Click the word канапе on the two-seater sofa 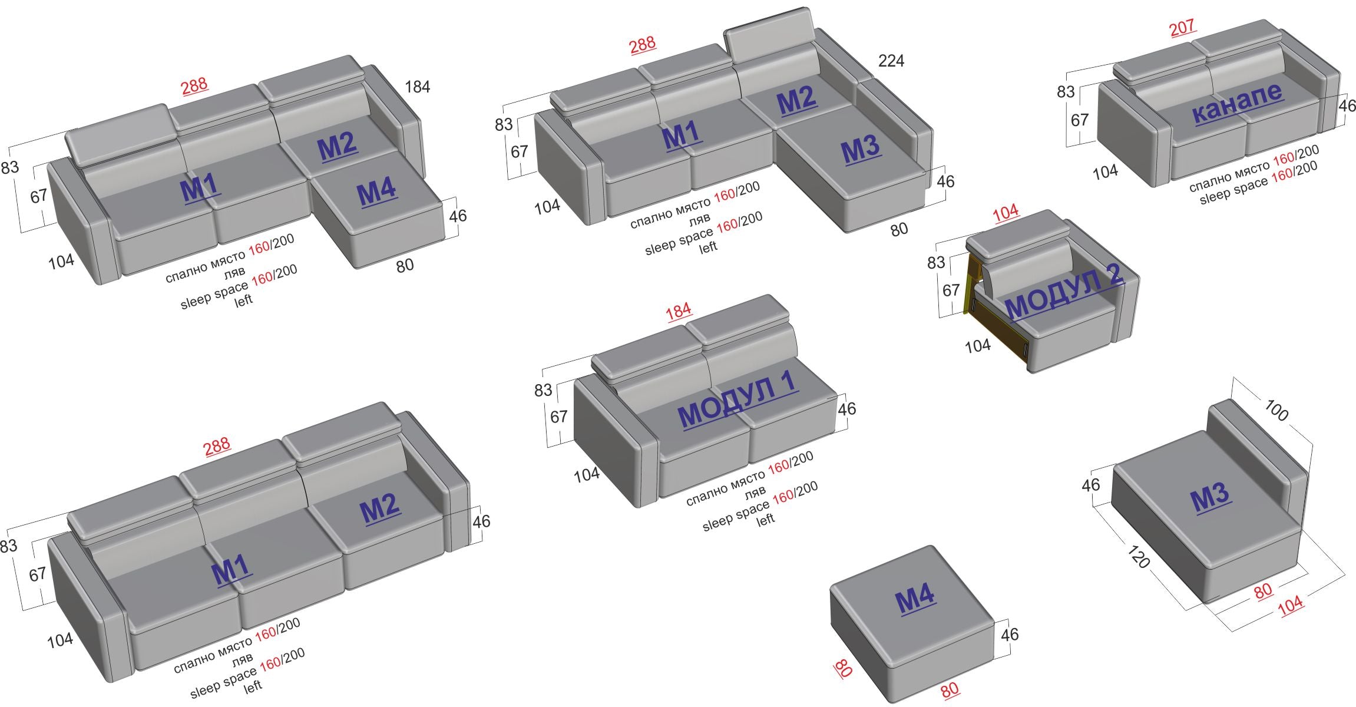(1236, 103)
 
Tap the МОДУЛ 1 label (738, 400)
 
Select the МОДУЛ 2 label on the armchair (1064, 292)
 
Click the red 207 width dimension (1182, 27)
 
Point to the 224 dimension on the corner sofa (891, 61)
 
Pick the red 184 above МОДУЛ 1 (679, 311)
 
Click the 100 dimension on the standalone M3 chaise (1276, 411)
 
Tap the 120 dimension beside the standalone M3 (1138, 557)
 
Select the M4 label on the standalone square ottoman (915, 600)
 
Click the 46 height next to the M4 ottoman (1010, 635)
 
